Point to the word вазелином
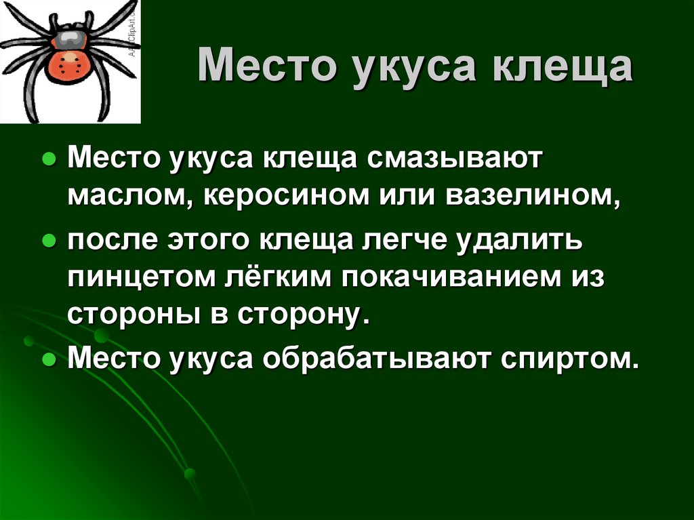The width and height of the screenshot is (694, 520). pos(533,195)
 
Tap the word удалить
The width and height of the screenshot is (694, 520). pos(519,241)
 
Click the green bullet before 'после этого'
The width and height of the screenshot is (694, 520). pos(49,241)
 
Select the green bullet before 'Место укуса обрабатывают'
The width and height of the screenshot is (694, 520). pos(49,359)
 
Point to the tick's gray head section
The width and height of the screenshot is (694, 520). pos(68,39)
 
